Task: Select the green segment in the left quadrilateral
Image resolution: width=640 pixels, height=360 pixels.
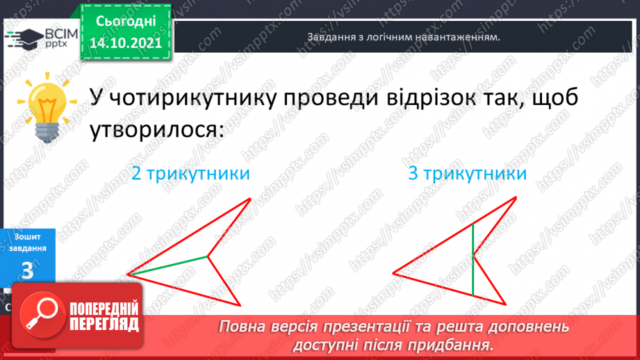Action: pos(167,265)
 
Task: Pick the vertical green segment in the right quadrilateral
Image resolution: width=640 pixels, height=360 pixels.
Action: pos(473,259)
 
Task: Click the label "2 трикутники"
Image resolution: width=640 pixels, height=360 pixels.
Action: pos(190,174)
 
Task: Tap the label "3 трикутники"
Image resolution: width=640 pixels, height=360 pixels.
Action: pos(467,174)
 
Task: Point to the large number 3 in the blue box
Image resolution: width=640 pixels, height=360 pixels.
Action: pos(27,271)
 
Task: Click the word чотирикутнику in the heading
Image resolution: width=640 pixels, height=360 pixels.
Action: pos(181,99)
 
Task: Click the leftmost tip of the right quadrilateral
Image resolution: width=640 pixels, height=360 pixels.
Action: pos(393,271)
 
